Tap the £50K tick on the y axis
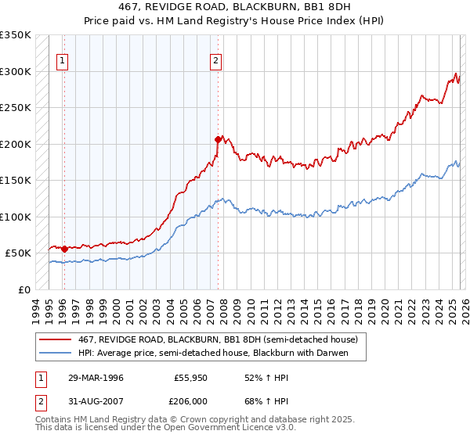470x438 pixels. (x=18, y=253)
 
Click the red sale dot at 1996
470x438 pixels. (x=64, y=249)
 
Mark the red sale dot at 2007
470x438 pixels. (x=218, y=139)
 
